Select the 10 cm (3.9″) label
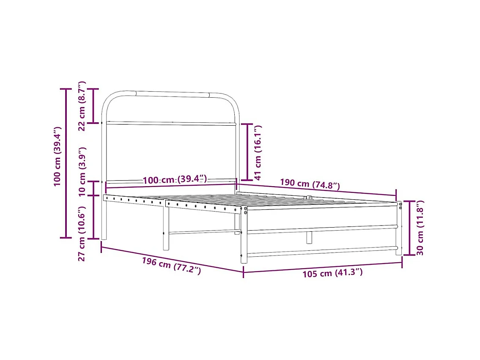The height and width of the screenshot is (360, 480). (x=82, y=171)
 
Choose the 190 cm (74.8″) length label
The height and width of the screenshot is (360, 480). (x=310, y=184)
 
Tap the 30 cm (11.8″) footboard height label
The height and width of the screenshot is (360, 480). (x=420, y=228)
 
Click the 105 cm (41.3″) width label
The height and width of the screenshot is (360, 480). (x=332, y=273)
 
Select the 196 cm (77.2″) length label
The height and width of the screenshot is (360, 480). (x=171, y=266)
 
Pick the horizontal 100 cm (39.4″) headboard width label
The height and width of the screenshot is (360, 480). (x=175, y=180)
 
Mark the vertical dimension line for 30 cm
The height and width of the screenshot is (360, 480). (x=409, y=228)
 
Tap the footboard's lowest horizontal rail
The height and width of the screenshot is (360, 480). (x=321, y=252)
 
